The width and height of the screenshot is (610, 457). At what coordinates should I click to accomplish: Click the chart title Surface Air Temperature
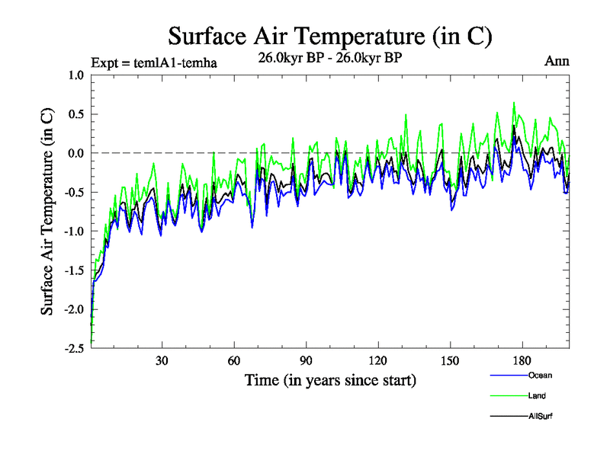329,36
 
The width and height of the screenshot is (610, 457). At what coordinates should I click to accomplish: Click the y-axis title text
47,211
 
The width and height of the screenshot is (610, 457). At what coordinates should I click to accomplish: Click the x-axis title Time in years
330,379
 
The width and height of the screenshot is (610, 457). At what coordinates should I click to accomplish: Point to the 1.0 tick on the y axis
75,75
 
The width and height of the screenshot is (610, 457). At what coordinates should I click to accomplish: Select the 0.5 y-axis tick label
75,114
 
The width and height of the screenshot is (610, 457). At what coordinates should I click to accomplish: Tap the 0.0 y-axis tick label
75,153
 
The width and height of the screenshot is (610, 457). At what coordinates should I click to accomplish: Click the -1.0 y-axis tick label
74,231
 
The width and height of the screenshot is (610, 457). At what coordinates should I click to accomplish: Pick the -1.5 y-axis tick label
74,270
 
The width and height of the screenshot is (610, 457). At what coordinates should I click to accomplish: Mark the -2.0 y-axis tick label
74,309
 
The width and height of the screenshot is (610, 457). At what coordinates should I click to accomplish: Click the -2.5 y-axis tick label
74,348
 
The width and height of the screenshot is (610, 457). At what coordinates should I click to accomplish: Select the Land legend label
537,396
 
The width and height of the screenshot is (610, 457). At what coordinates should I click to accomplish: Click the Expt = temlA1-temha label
154,63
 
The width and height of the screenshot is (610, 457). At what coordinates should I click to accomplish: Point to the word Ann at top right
557,61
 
